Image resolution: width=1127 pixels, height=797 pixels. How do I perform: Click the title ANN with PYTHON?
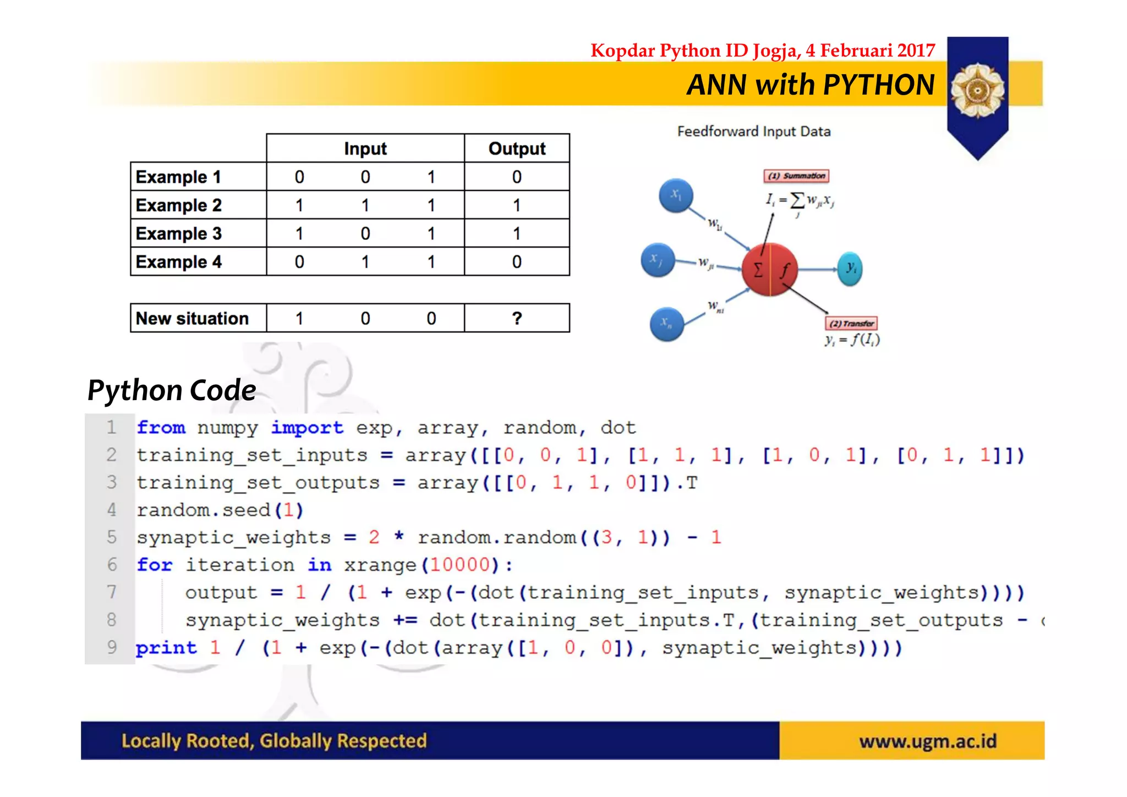pyautogui.click(x=810, y=85)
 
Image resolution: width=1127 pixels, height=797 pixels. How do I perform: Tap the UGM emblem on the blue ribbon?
pyautogui.click(x=977, y=90)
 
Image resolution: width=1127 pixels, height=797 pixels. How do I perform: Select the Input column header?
pyautogui.click(x=365, y=149)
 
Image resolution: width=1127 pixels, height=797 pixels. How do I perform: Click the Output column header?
pyautogui.click(x=517, y=149)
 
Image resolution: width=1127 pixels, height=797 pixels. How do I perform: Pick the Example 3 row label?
pyautogui.click(x=178, y=233)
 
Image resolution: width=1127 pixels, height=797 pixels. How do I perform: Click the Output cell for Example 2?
pyautogui.click(x=517, y=205)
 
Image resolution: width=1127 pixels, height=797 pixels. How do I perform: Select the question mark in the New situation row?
pyautogui.click(x=517, y=318)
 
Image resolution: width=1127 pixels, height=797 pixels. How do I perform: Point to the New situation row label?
pyautogui.click(x=192, y=318)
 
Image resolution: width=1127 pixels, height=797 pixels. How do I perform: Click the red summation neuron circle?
pyautogui.click(x=769, y=269)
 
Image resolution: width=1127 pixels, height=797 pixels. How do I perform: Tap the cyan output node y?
pyautogui.click(x=850, y=269)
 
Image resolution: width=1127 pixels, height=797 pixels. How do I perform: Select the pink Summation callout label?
pyautogui.click(x=797, y=176)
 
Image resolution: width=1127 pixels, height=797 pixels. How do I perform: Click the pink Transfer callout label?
pyautogui.click(x=851, y=323)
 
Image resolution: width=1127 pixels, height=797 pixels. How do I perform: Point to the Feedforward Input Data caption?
pyautogui.click(x=753, y=132)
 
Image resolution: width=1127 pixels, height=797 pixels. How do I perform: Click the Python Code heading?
pyautogui.click(x=172, y=390)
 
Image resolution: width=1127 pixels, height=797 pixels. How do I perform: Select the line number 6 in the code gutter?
pyautogui.click(x=112, y=564)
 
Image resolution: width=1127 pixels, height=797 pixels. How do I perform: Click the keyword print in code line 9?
pyautogui.click(x=166, y=648)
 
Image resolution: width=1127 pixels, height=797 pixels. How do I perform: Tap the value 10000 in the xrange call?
pyautogui.click(x=459, y=565)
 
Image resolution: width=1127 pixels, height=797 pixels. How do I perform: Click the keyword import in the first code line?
pyautogui.click(x=307, y=428)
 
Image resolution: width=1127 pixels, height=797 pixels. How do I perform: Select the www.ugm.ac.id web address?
pyautogui.click(x=928, y=741)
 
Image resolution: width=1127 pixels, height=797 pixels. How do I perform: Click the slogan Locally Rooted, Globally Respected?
pyautogui.click(x=274, y=741)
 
